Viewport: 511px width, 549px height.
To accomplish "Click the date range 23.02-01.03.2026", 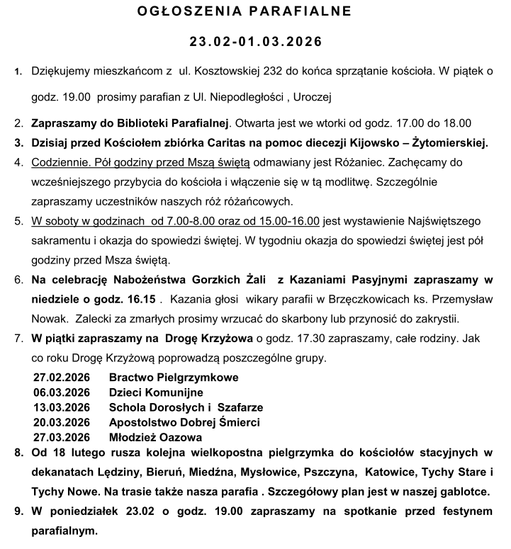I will click(255, 42).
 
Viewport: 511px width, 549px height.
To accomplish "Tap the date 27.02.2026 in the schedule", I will click(61, 377).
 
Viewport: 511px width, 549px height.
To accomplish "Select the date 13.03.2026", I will click(61, 407).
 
